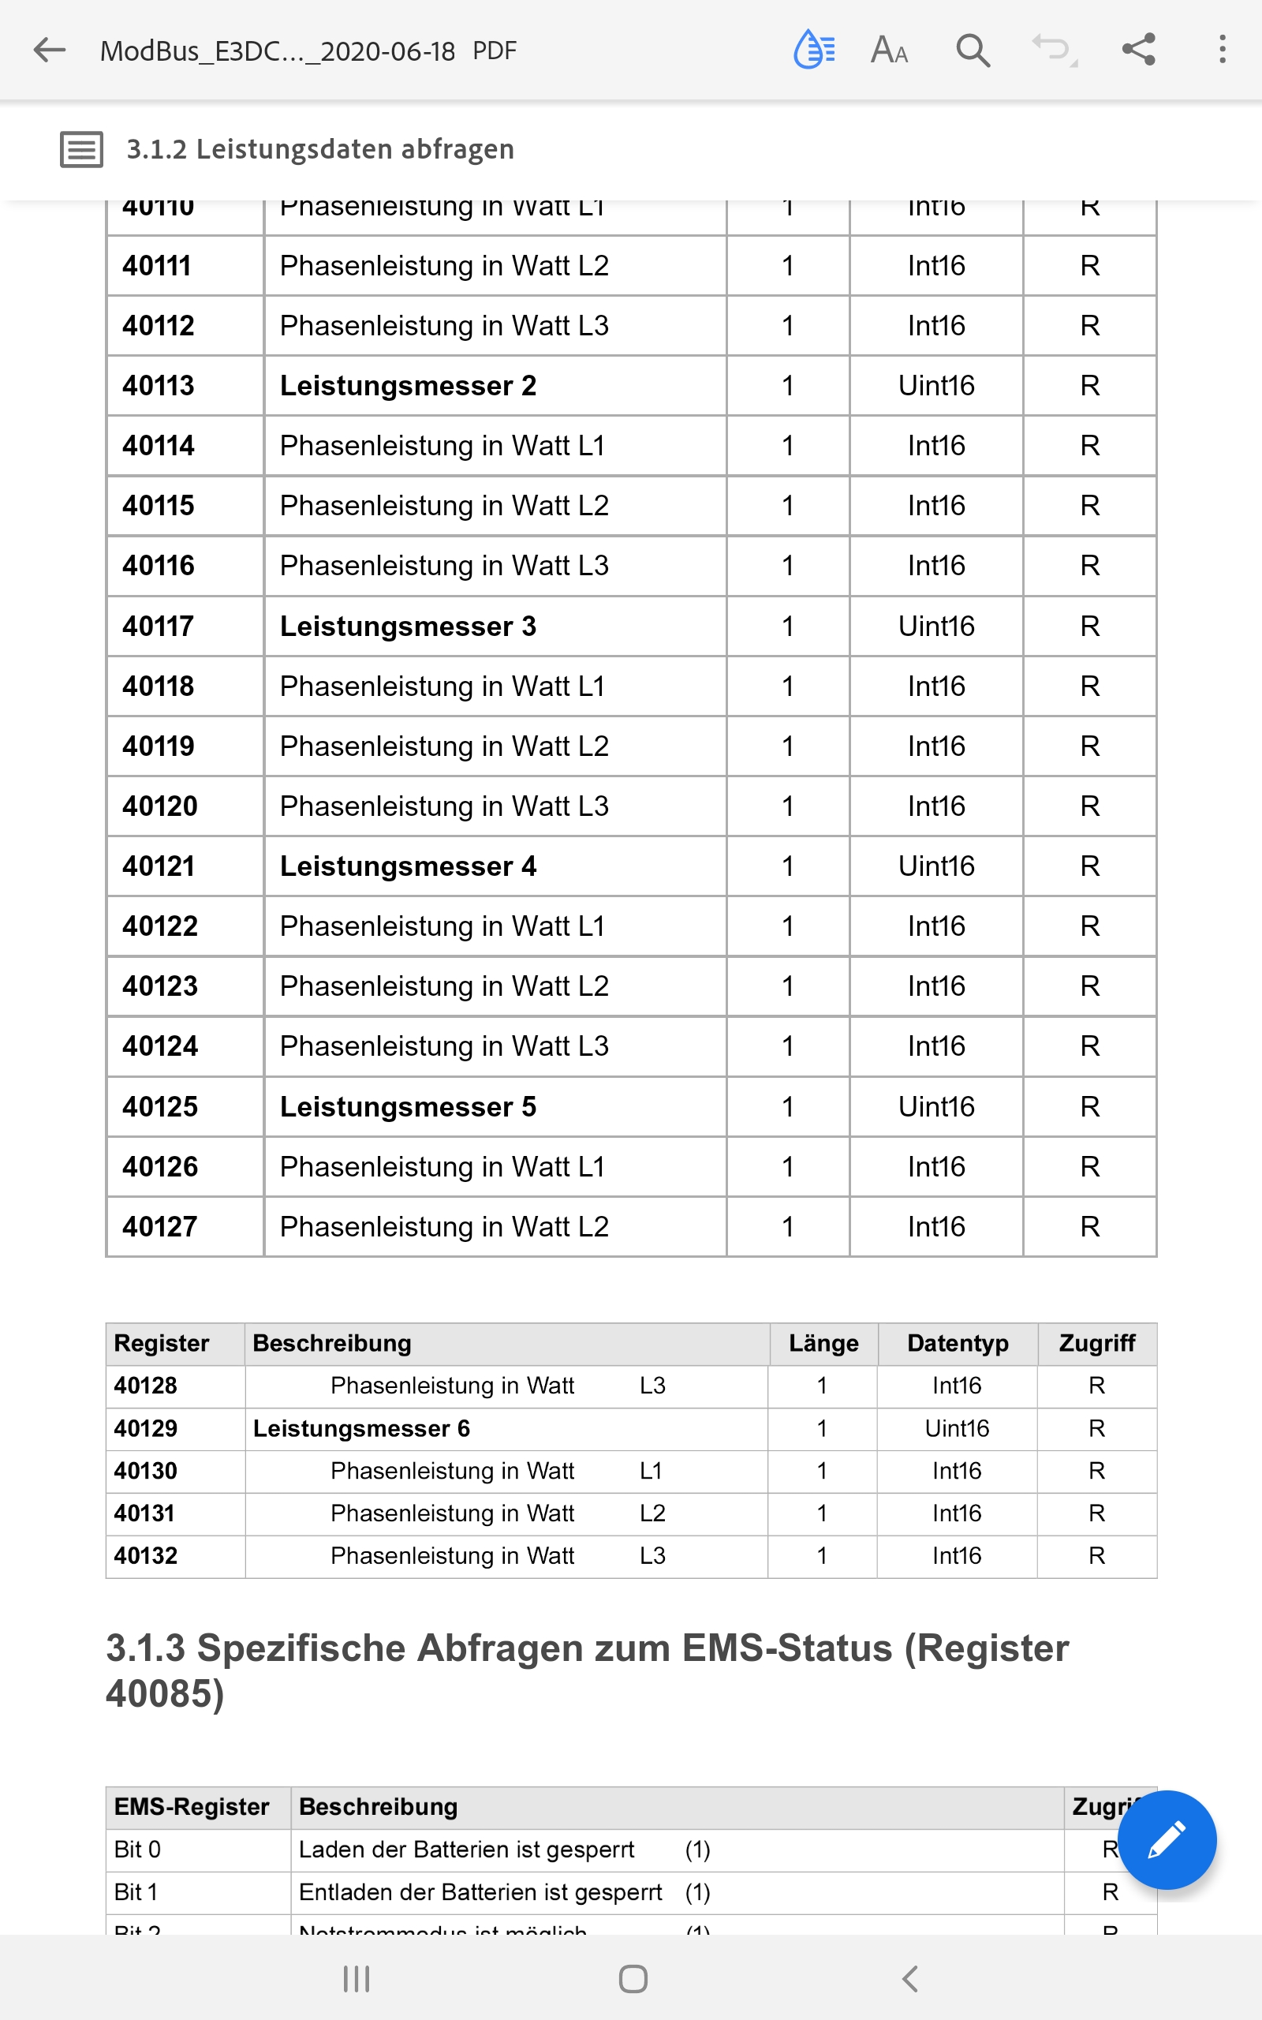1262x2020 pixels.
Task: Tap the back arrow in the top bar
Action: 49,50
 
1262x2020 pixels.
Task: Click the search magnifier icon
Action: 973,50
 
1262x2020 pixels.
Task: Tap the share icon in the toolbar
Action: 1138,49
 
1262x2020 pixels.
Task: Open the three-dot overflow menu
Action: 1222,49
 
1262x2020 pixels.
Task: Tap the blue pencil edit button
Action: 1166,1840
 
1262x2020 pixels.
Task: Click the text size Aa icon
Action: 889,50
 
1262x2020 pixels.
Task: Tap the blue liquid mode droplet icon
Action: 813,49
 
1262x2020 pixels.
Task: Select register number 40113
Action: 158,386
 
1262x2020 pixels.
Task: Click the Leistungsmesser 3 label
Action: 407,626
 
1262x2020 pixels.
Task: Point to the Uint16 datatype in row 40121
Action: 935,866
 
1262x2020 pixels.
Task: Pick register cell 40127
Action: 159,1227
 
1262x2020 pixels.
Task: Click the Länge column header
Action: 823,1343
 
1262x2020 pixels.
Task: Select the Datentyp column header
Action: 958,1343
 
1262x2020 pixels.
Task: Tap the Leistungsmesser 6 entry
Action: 361,1428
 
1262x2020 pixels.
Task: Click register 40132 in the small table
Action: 146,1556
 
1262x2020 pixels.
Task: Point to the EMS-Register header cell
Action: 191,1807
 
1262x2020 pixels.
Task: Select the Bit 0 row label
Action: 138,1850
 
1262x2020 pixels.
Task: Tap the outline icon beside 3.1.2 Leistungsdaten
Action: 81,149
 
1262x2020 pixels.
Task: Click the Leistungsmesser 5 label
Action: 407,1107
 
